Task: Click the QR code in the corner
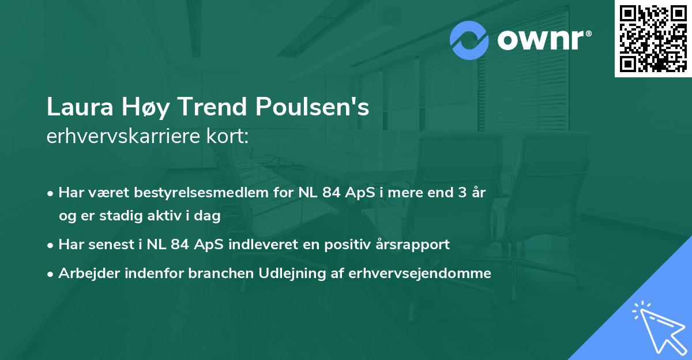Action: click(x=653, y=39)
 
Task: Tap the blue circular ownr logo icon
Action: click(x=469, y=40)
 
